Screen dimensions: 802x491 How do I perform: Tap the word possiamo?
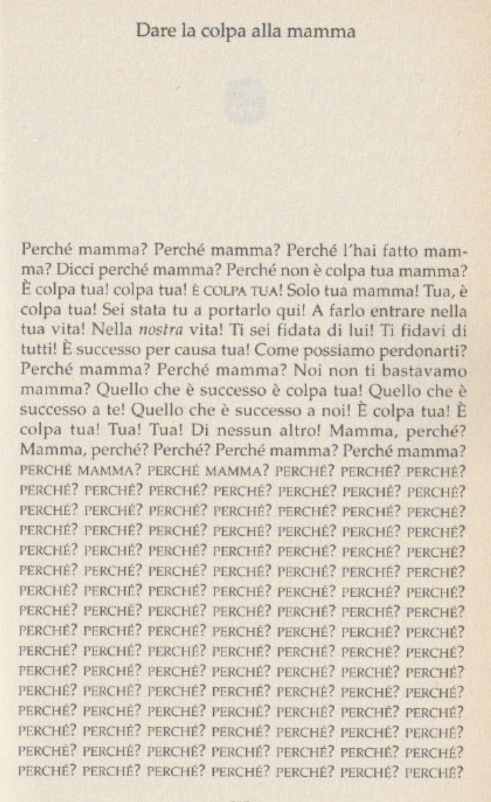(335, 351)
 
